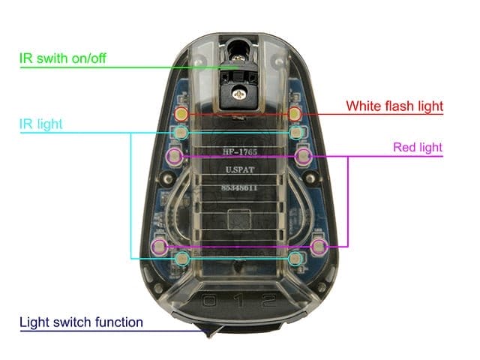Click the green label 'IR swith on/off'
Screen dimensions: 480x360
pos(63,58)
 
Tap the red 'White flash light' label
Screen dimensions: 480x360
pos(394,106)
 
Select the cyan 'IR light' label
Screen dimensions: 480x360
pos(41,124)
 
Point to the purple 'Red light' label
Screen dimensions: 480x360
pos(418,147)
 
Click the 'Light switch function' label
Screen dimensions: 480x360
pos(81,322)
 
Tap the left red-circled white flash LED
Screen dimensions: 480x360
pos(181,114)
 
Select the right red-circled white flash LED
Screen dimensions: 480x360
pos(295,114)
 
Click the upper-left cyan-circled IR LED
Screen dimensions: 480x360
pos(180,133)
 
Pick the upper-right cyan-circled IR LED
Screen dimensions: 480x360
pos(296,133)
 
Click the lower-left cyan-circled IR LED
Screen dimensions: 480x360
pos(182,259)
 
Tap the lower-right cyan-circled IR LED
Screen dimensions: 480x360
pos(295,259)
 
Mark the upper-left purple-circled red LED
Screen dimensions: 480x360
pos(175,156)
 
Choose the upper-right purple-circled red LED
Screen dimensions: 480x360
pos(304,156)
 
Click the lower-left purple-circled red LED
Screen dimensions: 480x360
pos(160,246)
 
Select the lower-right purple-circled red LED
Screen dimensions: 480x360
pos(319,246)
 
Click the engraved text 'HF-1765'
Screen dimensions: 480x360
pos(240,151)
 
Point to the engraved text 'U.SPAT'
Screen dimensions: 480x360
pos(240,169)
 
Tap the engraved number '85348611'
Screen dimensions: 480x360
pos(239,187)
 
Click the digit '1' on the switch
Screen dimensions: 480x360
pos(240,301)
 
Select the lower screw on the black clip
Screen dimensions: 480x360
pos(238,94)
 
